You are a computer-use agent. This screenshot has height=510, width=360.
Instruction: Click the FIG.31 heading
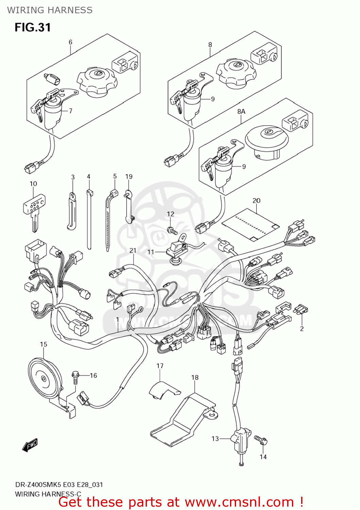(x=33, y=27)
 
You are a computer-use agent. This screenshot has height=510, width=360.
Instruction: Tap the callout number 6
(x=70, y=42)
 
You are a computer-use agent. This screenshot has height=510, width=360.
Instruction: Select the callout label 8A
(x=241, y=112)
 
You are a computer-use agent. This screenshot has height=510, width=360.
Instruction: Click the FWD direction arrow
(x=30, y=445)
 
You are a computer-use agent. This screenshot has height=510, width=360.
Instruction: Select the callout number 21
(x=133, y=251)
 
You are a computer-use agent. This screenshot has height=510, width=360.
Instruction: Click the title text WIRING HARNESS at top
(x=50, y=10)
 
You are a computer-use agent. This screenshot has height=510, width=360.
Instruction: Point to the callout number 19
(x=129, y=176)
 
